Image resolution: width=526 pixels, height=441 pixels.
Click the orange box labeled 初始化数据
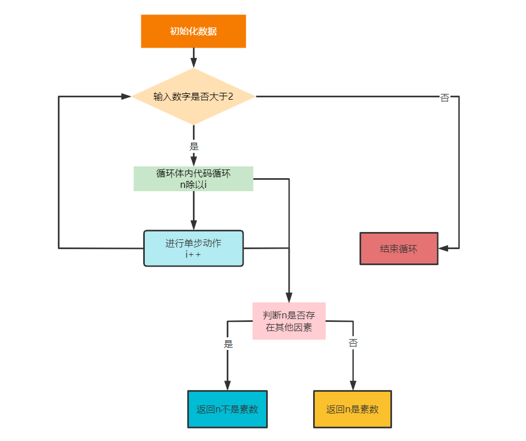[x=193, y=31]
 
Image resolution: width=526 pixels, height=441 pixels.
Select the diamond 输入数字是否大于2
[x=193, y=97]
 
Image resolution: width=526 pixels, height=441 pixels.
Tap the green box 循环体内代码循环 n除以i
[x=193, y=179]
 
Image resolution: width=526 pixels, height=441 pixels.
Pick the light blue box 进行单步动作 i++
[x=193, y=249]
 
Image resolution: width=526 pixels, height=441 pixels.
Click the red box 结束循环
[x=399, y=249]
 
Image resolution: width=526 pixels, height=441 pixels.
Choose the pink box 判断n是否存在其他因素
[x=289, y=321]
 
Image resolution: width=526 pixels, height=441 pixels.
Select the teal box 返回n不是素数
[x=227, y=409]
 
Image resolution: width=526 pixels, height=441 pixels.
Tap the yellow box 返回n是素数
[x=353, y=409]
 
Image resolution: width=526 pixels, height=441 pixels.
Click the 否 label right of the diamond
[x=445, y=98]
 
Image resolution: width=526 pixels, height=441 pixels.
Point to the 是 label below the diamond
[x=194, y=146]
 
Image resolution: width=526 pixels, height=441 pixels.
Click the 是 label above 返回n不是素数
[x=228, y=344]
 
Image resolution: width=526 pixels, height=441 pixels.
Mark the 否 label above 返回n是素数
[x=353, y=342]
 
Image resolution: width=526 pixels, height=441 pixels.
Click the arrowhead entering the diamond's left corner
[x=126, y=97]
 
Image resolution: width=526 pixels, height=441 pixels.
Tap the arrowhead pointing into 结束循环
[x=444, y=249]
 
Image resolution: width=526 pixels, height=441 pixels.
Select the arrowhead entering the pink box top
[x=289, y=297]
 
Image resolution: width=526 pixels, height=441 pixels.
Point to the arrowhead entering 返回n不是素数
[x=227, y=385]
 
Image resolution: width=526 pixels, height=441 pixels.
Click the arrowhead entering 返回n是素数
[x=353, y=385]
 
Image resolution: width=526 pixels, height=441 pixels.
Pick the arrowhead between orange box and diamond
[x=193, y=63]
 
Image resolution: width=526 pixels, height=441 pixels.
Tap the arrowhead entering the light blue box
[x=193, y=225]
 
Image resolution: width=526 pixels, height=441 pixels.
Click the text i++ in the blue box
[x=193, y=254]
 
